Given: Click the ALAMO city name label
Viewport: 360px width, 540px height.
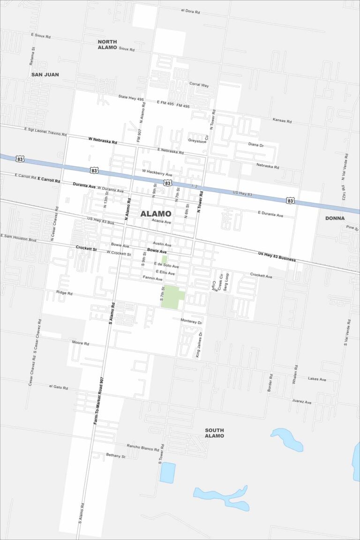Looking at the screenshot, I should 156,214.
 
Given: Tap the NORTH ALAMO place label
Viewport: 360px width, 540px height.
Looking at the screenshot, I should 107,45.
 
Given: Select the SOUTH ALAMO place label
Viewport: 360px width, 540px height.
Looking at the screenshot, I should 214,433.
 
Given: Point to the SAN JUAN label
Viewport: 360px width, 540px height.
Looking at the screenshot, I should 45,75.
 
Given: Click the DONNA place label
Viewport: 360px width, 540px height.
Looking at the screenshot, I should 335,218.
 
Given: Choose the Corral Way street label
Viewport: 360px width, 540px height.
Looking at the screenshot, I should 199,85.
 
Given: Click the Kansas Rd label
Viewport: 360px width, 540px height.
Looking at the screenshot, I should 282,120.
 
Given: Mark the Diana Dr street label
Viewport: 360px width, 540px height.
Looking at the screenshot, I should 256,145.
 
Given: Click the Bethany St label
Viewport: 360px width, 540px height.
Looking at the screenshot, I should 116,456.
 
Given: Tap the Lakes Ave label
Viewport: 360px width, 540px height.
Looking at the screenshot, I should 317,379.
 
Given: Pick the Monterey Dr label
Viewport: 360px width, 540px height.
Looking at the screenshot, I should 191,323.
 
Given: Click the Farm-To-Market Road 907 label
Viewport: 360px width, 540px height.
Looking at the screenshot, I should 98,400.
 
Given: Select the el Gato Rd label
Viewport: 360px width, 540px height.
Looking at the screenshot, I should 59,388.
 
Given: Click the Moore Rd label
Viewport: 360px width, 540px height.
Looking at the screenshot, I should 80,343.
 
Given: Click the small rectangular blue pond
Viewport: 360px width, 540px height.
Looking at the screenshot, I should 167,472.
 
